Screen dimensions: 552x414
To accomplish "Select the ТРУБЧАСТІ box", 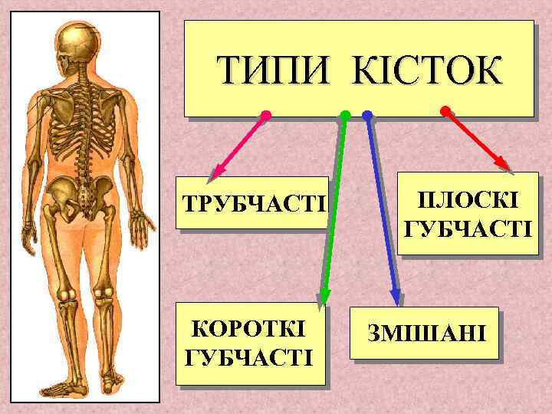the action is [252, 205].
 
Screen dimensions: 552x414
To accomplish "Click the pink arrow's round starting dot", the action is [266, 116].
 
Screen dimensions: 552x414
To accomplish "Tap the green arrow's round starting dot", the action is [345, 116].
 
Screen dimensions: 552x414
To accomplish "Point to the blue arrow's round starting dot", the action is [367, 116].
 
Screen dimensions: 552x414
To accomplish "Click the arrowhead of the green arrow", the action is [324, 298].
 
